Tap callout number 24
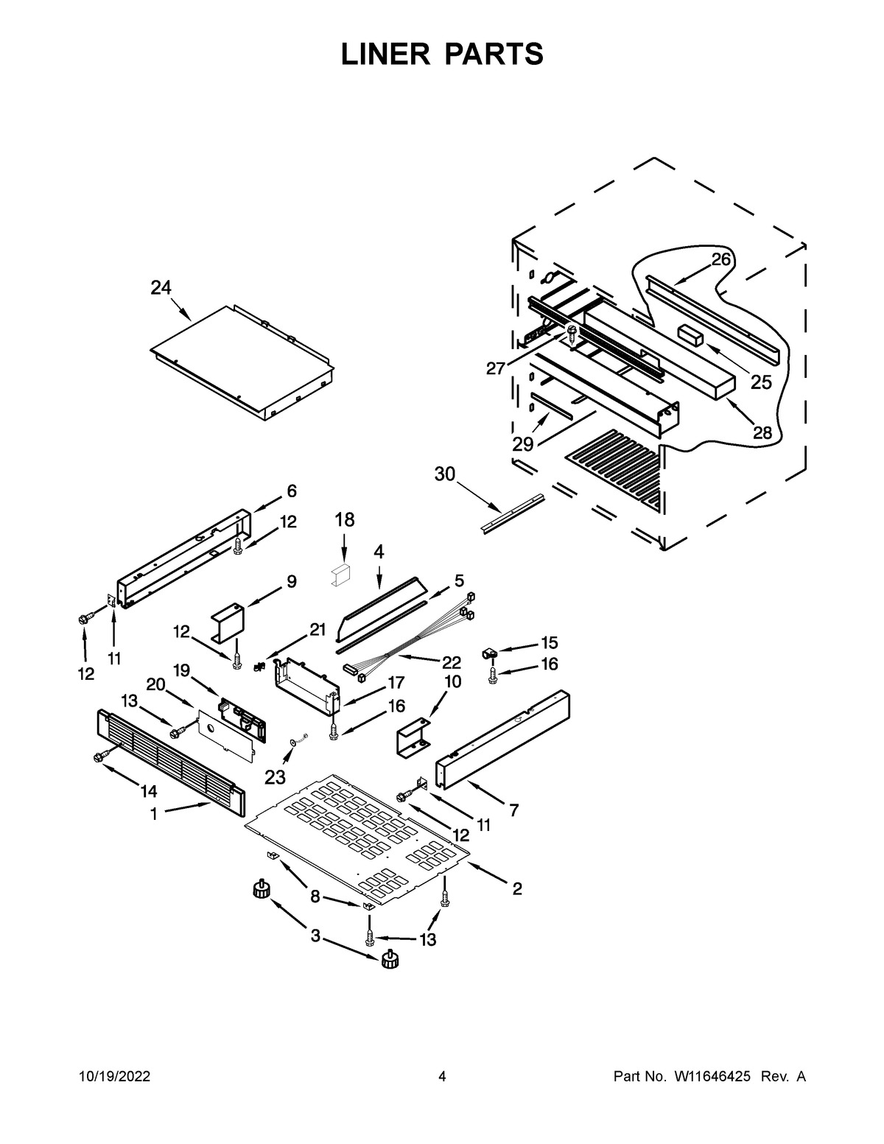click(x=161, y=287)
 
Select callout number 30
click(x=445, y=475)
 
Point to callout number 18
click(x=344, y=520)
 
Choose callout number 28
click(x=762, y=433)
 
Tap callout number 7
click(x=513, y=810)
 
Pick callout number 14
click(x=149, y=791)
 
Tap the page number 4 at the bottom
click(x=442, y=1077)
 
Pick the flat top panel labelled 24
click(x=239, y=361)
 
